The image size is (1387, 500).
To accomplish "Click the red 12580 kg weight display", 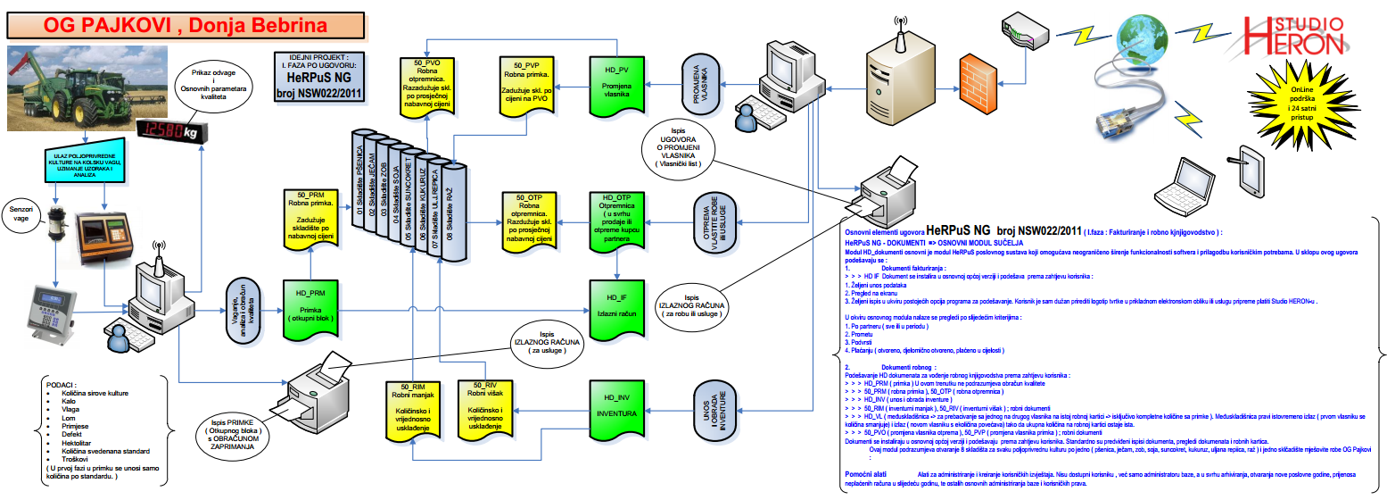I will point(172,131).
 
